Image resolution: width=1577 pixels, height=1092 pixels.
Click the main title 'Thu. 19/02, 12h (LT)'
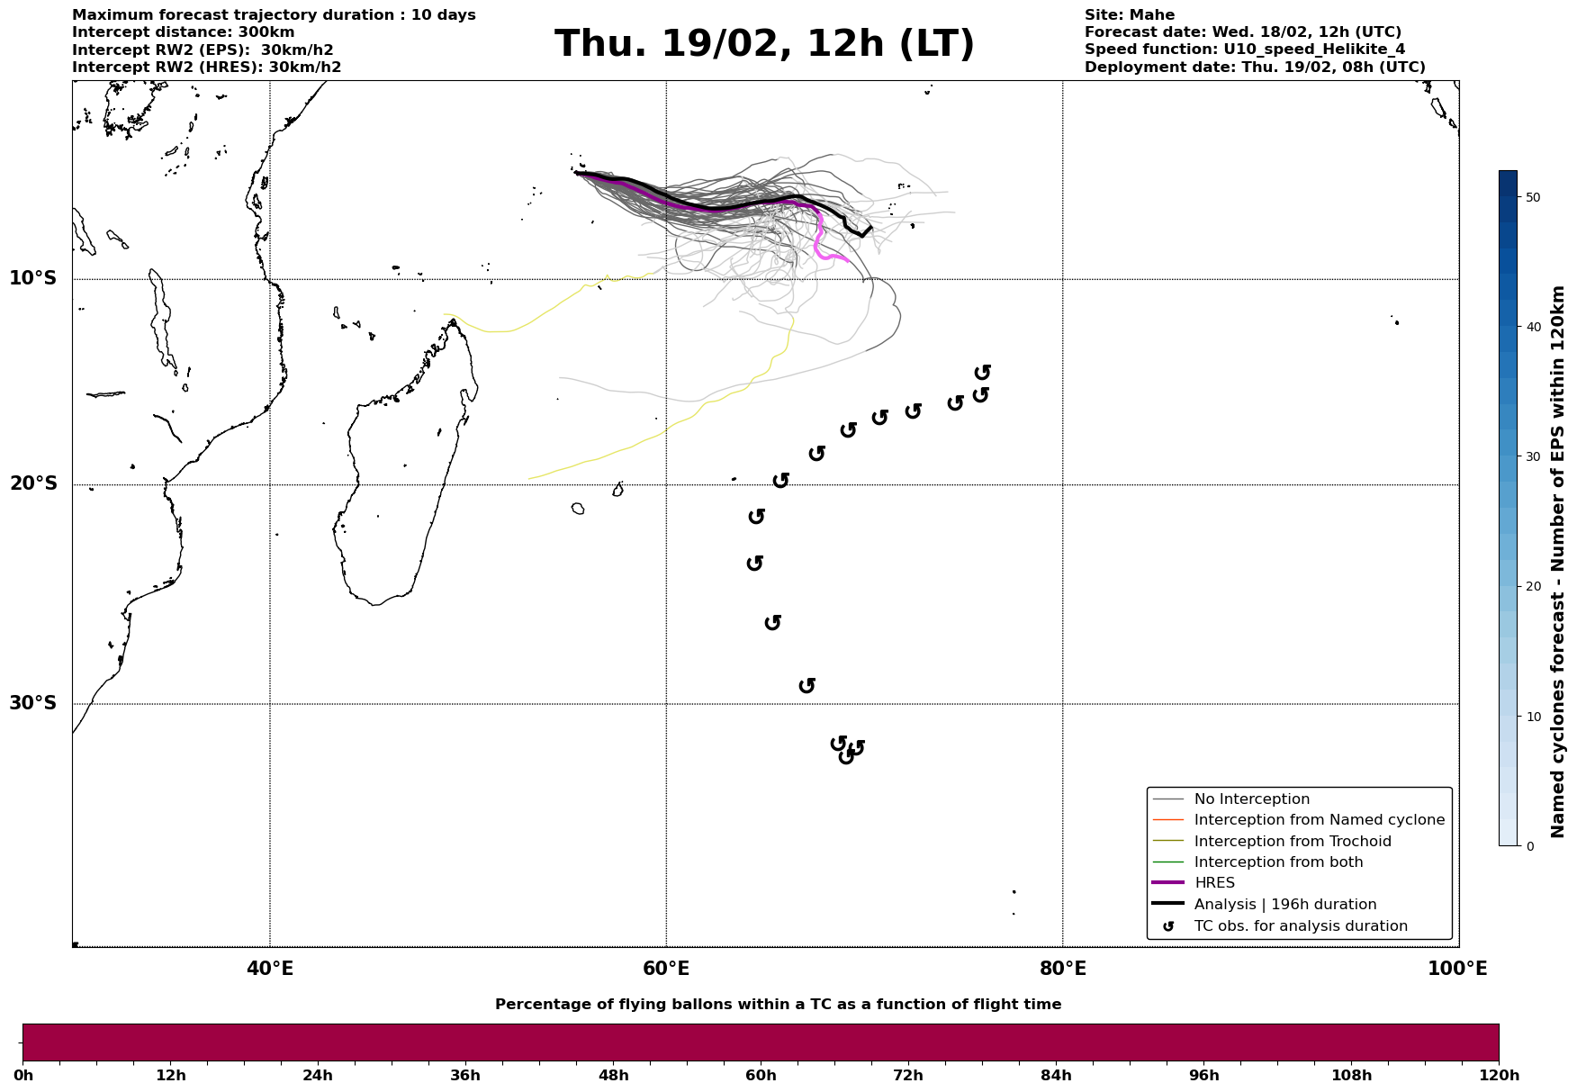click(x=764, y=44)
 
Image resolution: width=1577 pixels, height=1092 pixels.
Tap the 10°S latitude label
click(x=33, y=278)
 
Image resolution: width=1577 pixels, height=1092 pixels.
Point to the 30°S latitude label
click(x=33, y=703)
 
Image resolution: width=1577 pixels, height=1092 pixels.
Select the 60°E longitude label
click(x=666, y=969)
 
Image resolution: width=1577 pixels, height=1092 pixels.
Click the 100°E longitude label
click(x=1458, y=969)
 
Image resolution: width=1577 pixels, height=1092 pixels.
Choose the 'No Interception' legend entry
click(x=1251, y=799)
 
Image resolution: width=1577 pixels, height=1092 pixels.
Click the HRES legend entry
click(x=1214, y=883)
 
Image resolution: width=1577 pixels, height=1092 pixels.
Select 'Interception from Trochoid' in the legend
click(x=1292, y=842)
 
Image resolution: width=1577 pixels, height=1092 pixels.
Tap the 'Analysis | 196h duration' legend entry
click(x=1284, y=905)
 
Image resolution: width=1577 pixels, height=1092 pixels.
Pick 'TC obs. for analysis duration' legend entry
click(x=1300, y=926)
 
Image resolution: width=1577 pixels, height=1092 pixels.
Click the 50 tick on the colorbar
click(x=1533, y=197)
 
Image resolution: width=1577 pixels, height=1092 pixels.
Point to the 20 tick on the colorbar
click(x=1533, y=586)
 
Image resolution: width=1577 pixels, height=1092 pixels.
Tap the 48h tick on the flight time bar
click(x=613, y=1075)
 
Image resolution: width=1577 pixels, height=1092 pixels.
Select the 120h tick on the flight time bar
click(x=1499, y=1075)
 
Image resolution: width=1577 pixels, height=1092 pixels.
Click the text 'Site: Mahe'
click(x=1129, y=15)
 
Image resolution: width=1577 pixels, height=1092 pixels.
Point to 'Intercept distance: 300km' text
click(x=183, y=32)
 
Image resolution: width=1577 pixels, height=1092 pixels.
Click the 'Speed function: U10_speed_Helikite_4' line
click(x=1244, y=50)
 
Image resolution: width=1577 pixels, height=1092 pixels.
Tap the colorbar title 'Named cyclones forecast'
click(x=1559, y=562)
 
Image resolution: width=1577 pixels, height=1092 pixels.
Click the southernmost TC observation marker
click(x=846, y=756)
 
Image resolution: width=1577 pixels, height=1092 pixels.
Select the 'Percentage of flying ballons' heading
click(x=778, y=1005)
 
